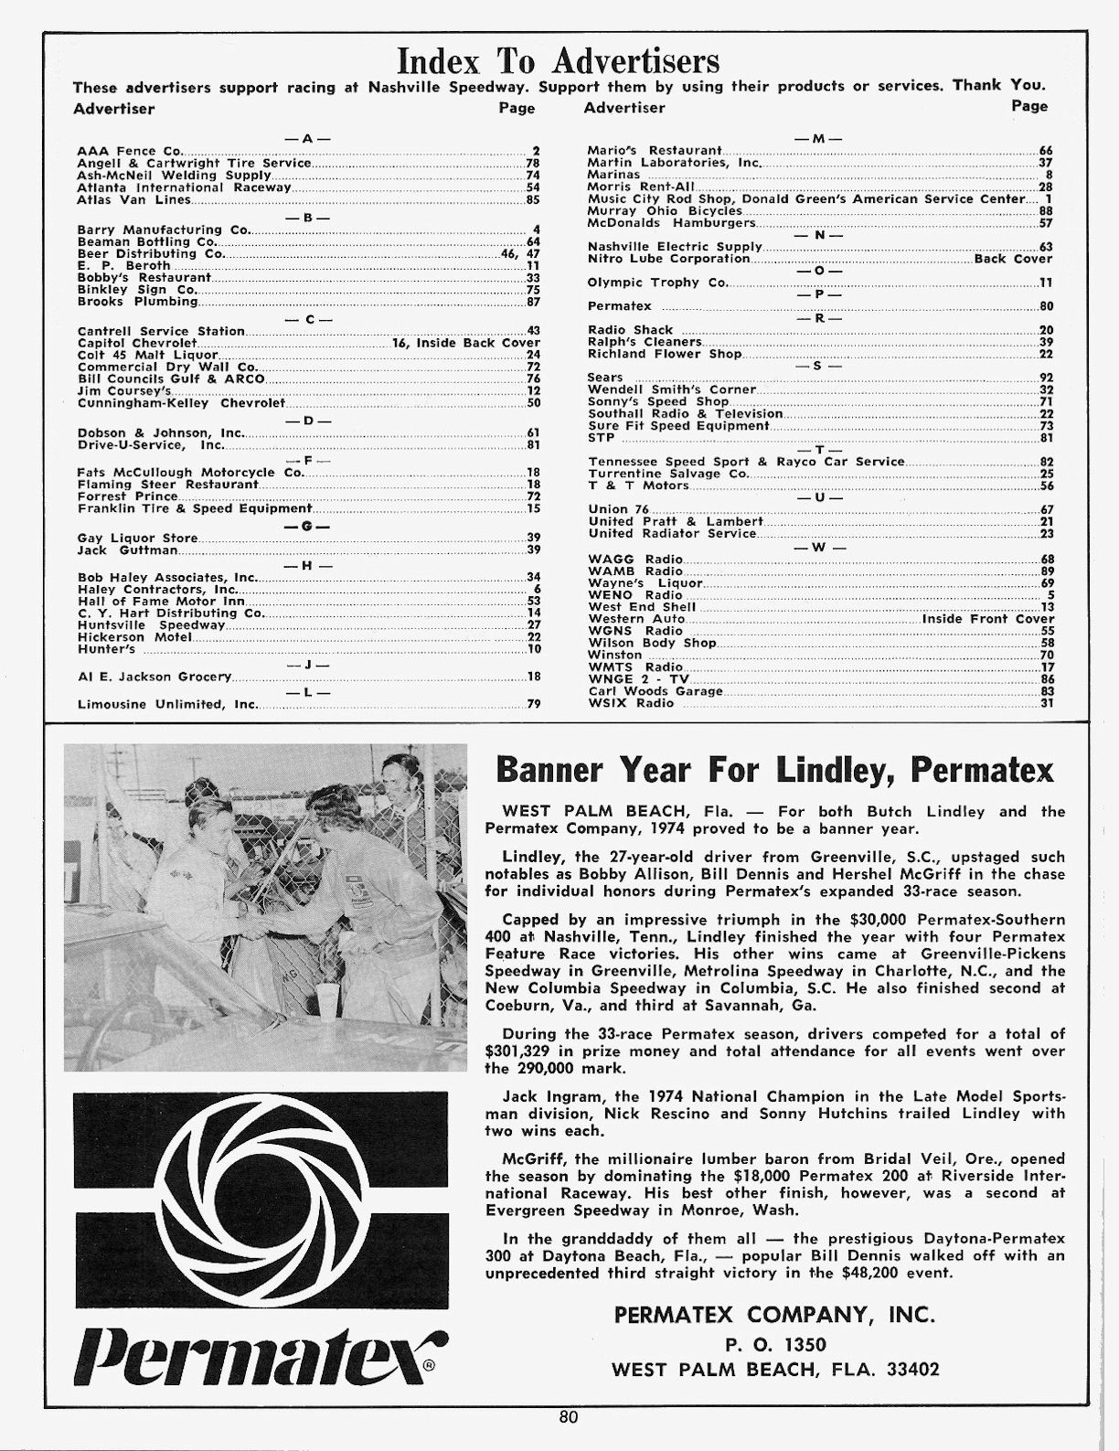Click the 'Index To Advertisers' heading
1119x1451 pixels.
pyautogui.click(x=559, y=60)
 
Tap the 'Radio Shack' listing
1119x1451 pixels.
pyautogui.click(x=630, y=330)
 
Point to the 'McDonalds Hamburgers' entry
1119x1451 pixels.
pyautogui.click(x=671, y=222)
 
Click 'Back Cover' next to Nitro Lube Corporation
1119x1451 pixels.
pyautogui.click(x=1014, y=259)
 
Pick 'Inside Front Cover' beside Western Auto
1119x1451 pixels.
pyautogui.click(x=987, y=619)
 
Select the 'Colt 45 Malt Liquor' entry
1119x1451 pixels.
pyautogui.click(x=147, y=355)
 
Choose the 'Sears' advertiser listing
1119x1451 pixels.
pyautogui.click(x=605, y=378)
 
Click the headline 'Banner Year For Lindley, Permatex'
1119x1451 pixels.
pyautogui.click(x=773, y=771)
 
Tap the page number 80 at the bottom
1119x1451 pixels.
pyautogui.click(x=568, y=1418)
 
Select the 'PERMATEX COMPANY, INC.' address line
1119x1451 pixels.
pyautogui.click(x=774, y=1315)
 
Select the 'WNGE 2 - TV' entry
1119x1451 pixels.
pyautogui.click(x=638, y=680)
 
